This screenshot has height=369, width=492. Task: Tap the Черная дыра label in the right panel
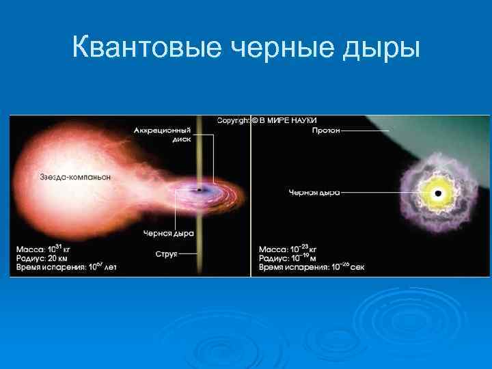(x=314, y=193)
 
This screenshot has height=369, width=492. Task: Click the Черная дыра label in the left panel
(x=168, y=233)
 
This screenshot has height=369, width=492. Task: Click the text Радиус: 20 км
(x=44, y=258)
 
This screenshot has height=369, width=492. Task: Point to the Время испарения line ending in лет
(x=66, y=267)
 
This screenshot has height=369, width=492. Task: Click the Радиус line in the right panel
(x=290, y=258)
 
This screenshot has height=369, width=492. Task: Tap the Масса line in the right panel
(x=290, y=248)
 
